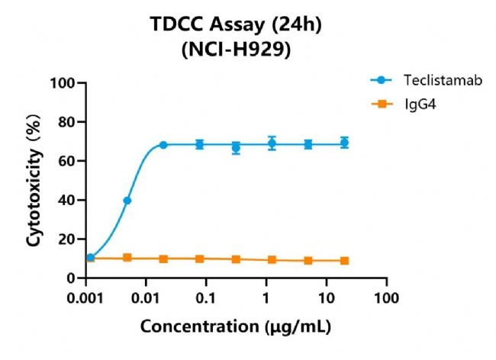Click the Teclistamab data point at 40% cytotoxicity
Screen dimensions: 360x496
(127, 201)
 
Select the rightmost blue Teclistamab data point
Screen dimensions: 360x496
(345, 143)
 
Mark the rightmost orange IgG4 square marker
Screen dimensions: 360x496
(345, 261)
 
